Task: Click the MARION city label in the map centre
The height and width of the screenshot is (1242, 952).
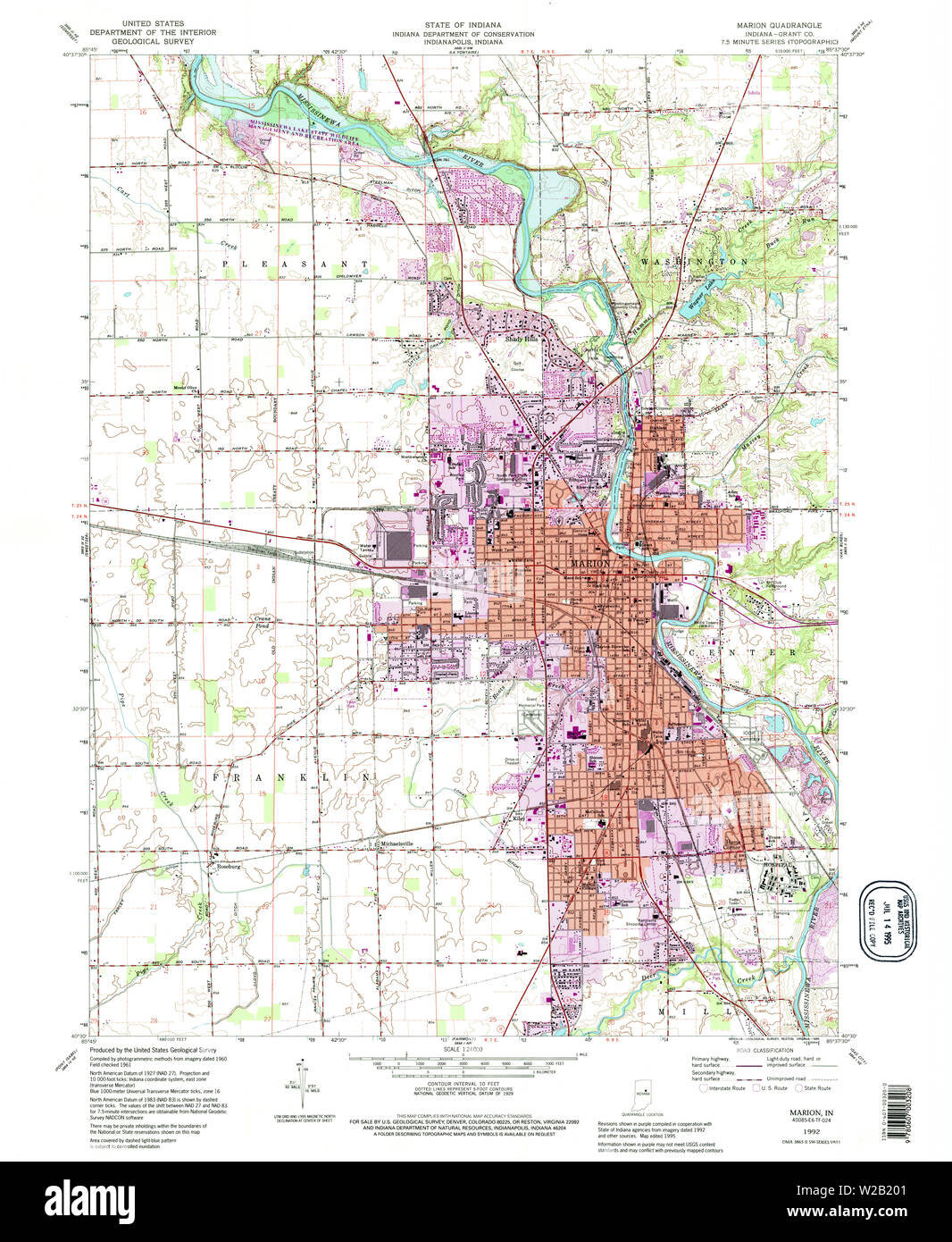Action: (589, 564)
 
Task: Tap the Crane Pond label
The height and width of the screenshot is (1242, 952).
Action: (264, 623)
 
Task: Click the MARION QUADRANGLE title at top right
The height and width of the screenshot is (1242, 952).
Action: (779, 25)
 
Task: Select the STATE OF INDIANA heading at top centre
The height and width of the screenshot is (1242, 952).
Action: (462, 25)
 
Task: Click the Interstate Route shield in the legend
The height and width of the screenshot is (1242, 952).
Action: (705, 1088)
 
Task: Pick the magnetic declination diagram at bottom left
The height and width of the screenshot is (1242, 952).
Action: (299, 1079)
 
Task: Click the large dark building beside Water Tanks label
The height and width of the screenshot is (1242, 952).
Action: (395, 543)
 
